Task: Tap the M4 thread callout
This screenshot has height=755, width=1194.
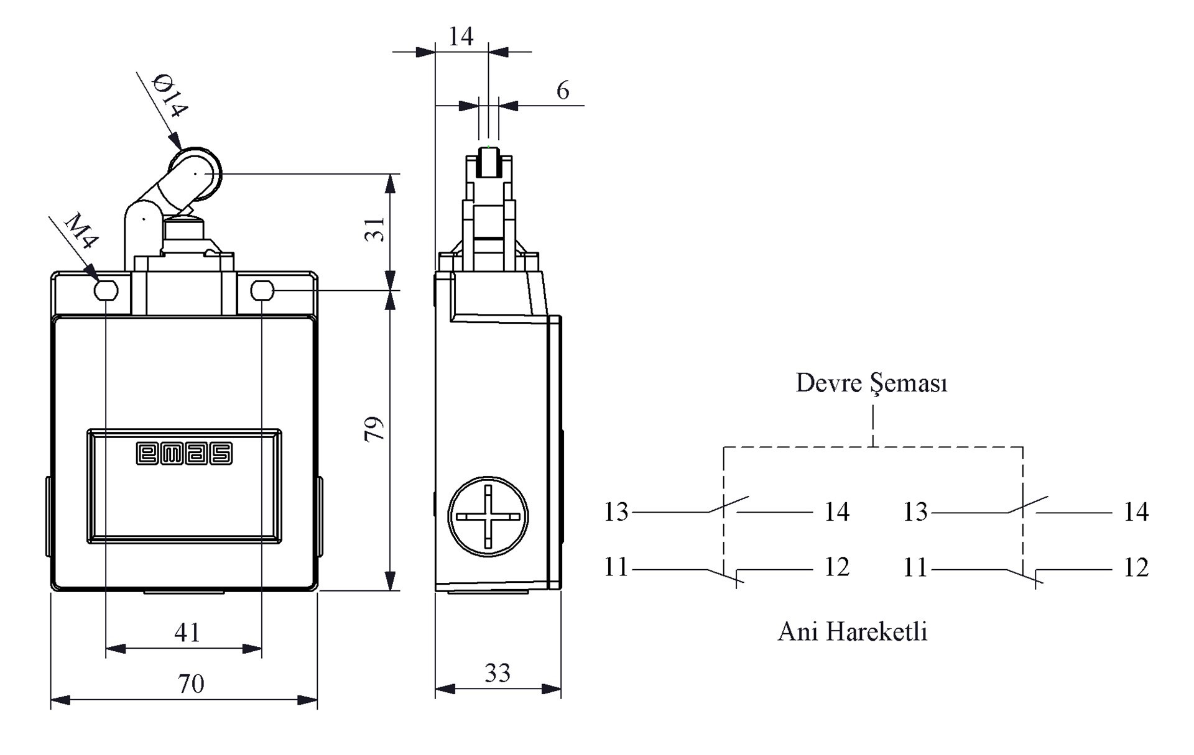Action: pyautogui.click(x=81, y=231)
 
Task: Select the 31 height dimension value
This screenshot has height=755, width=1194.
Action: pyautogui.click(x=375, y=230)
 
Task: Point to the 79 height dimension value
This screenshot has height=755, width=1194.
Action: pyautogui.click(x=374, y=429)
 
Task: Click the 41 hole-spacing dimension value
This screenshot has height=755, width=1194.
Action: pyautogui.click(x=187, y=633)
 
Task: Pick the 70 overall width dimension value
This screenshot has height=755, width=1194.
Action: pyautogui.click(x=191, y=684)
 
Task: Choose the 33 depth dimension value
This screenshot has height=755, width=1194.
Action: pyautogui.click(x=497, y=673)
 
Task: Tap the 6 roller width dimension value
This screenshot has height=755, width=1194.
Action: pyautogui.click(x=563, y=91)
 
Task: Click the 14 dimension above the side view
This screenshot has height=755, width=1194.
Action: pyautogui.click(x=461, y=37)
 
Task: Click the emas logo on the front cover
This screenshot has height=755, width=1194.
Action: pyautogui.click(x=184, y=454)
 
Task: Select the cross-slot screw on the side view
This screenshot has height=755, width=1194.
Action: pyautogui.click(x=488, y=517)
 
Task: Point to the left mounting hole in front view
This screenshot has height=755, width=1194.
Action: pyautogui.click(x=106, y=290)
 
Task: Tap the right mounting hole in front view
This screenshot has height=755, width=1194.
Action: pyautogui.click(x=262, y=290)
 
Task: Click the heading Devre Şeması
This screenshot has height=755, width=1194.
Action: pyautogui.click(x=872, y=383)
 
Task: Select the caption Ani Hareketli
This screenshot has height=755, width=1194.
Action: pyautogui.click(x=853, y=632)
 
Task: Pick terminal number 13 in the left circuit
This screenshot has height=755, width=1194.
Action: pyautogui.click(x=616, y=512)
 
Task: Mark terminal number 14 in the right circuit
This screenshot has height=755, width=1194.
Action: pyautogui.click(x=1136, y=512)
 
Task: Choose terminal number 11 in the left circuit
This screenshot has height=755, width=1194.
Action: pyautogui.click(x=616, y=567)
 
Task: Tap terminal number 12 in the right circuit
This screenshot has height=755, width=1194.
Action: pyautogui.click(x=1136, y=567)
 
